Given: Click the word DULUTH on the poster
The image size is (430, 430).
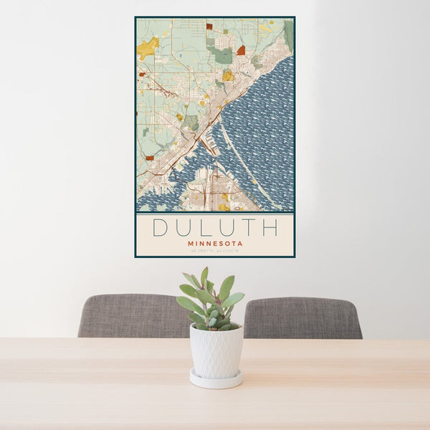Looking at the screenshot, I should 215,228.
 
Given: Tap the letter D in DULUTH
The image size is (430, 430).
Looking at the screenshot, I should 161,228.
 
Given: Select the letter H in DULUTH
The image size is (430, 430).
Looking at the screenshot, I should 269,228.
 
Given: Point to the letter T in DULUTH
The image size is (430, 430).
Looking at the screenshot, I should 249,228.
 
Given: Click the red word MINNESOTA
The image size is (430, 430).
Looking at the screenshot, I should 215,244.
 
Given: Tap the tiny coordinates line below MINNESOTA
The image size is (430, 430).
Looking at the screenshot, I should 215,251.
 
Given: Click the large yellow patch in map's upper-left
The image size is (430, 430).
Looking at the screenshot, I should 148,48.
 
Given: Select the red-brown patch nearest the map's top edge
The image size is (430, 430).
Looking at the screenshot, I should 209,26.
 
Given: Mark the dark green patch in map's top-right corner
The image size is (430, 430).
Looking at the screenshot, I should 289,32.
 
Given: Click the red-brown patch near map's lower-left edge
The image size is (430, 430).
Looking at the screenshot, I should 150,158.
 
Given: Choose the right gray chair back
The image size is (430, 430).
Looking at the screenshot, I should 305,317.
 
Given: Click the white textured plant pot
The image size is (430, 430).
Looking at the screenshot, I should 216,351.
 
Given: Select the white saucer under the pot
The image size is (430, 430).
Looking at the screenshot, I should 216,379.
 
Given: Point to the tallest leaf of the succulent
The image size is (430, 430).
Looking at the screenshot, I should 204,277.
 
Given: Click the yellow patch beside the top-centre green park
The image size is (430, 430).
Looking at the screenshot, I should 228,75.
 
